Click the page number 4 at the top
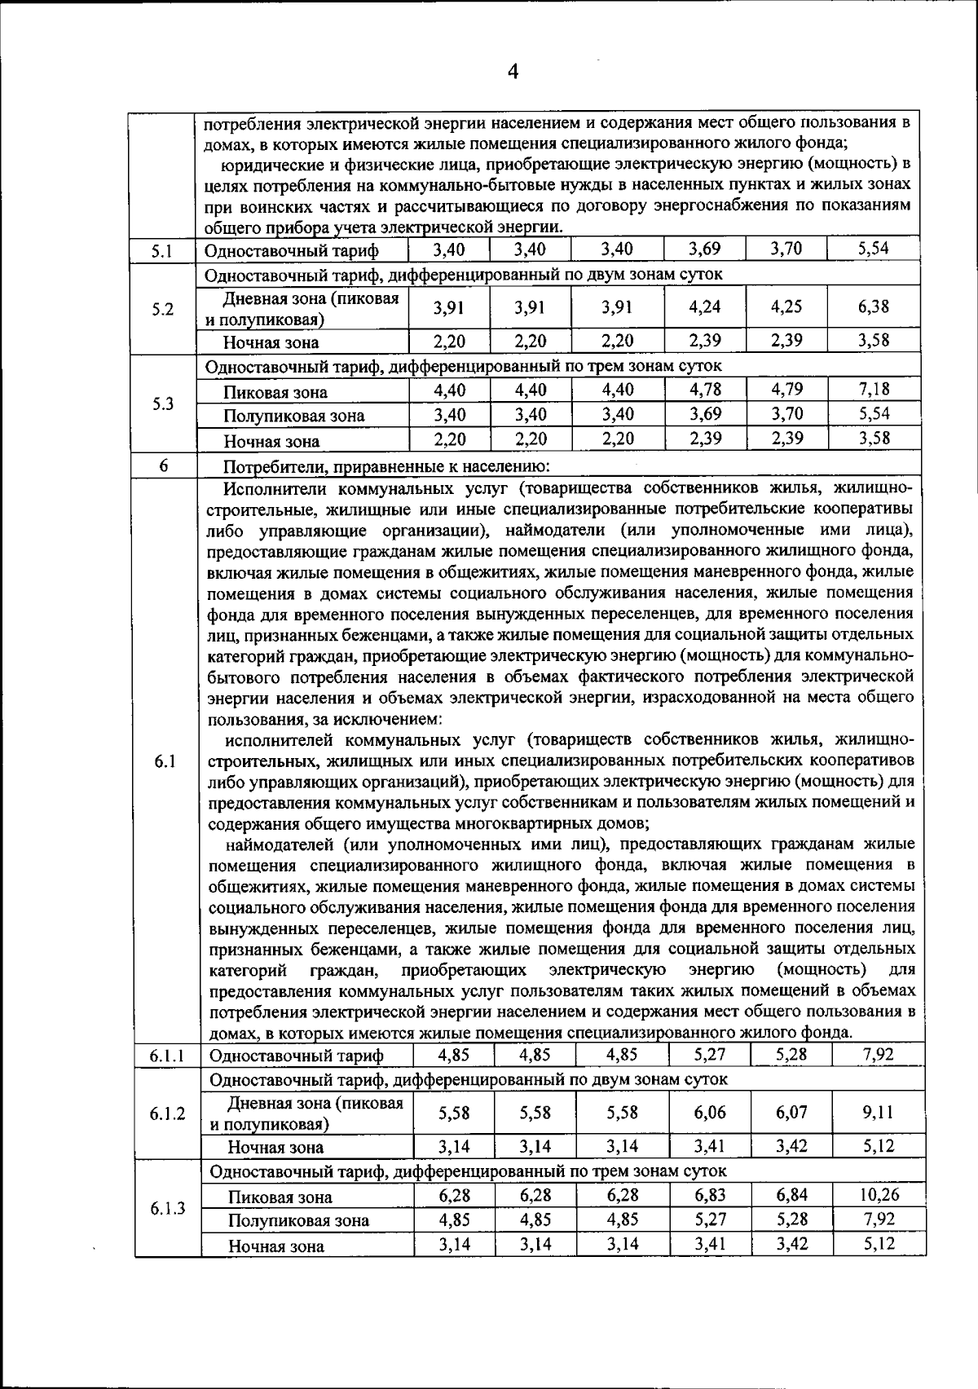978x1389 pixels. (513, 72)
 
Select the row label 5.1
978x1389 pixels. (161, 252)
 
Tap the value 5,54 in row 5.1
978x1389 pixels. (873, 249)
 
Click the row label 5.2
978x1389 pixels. (163, 310)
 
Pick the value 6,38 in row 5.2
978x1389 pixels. (873, 307)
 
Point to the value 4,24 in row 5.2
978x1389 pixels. (705, 307)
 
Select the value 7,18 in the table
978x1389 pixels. (874, 390)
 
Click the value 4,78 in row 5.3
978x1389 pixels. (705, 390)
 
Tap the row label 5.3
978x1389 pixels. (163, 403)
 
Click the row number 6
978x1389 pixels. (164, 465)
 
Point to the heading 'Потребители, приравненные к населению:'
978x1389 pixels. (387, 467)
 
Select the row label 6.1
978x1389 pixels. (165, 761)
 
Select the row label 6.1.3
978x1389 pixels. (167, 1208)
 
